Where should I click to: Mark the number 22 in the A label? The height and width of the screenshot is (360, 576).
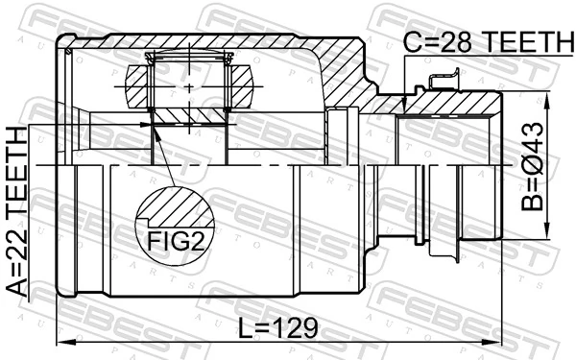tap(17, 238)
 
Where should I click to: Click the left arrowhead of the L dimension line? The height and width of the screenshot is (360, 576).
tap(62, 341)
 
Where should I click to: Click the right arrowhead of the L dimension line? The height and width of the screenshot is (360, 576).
tap(496, 341)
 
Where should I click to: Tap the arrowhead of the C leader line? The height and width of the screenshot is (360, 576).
tap(405, 107)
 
